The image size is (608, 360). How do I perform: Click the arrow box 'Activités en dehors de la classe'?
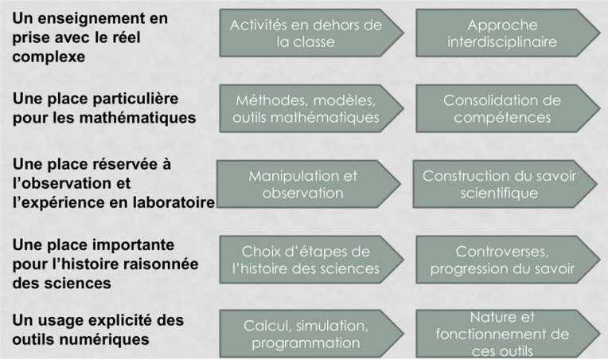coord(311,33)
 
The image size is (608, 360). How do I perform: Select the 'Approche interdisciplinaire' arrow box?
coord(508,33)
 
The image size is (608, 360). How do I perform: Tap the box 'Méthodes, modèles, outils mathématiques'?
coord(311,108)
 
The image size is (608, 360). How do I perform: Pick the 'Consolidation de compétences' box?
coord(508,108)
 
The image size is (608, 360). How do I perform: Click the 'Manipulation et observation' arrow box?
coord(309,184)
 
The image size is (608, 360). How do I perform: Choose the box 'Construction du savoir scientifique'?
coord(505,184)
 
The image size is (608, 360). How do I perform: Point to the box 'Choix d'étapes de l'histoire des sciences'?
coord(311,260)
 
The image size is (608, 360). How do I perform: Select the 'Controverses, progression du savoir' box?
coord(508,260)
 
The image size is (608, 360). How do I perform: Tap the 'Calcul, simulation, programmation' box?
coord(311,334)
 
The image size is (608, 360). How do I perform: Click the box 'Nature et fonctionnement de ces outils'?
coord(508,334)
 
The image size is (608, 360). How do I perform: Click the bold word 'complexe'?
coord(49,57)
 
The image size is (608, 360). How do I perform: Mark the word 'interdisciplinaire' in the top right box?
coord(502,42)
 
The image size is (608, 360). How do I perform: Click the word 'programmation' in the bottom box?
coord(306,343)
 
